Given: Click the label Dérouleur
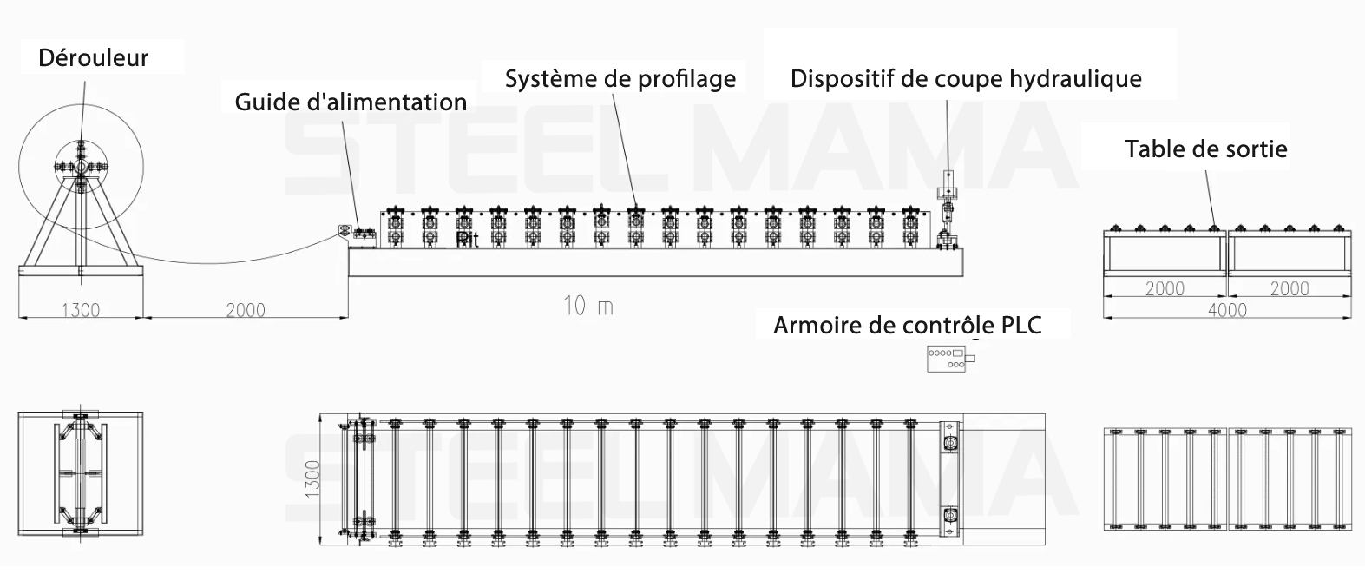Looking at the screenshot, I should point(94,58).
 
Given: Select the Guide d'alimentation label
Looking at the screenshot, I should point(351,102).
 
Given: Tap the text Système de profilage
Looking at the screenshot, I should point(620,79).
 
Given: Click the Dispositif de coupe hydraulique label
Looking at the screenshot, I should point(966,79).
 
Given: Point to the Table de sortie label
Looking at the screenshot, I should point(1206,149).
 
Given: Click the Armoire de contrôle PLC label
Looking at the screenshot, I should point(907,325).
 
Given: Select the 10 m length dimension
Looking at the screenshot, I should point(587,306).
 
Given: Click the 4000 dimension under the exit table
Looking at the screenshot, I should point(1226,310).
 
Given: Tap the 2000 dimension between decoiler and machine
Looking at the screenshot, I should point(246,310).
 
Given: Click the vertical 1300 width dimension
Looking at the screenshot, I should point(313,480).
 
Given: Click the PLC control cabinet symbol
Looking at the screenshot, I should point(948,358).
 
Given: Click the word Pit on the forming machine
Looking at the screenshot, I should point(468,240).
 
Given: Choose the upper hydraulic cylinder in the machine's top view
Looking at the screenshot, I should point(951,443).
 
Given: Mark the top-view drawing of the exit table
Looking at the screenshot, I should point(1227,478).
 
